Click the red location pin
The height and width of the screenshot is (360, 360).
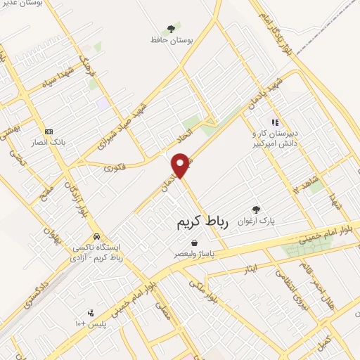[181, 165]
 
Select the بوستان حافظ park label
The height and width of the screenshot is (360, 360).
[166, 41]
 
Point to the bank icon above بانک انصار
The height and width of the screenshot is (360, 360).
[49, 131]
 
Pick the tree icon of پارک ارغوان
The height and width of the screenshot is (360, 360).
[256, 210]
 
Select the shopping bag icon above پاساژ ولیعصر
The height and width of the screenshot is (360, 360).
[184, 243]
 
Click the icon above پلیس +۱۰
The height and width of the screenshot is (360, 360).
[90, 313]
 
